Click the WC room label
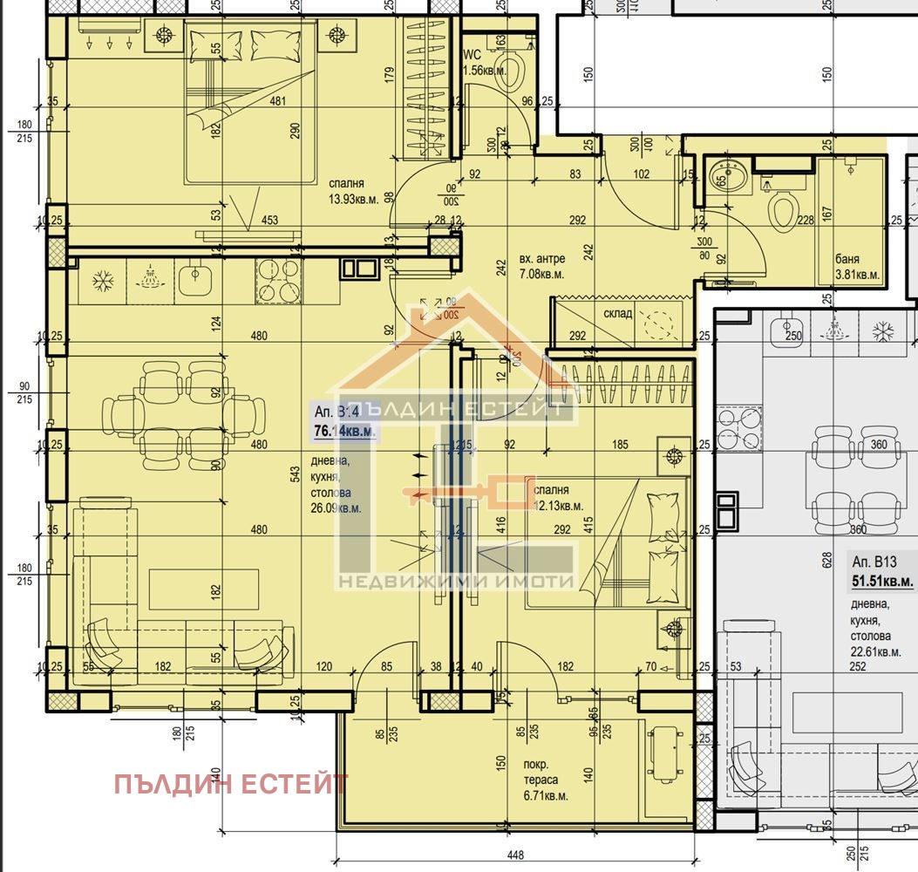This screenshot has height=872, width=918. [x=472, y=54]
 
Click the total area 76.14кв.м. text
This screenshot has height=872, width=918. [x=344, y=430]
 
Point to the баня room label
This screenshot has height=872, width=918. [x=847, y=259]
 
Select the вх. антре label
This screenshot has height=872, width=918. [x=542, y=258]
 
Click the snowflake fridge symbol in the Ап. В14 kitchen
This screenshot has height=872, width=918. [x=104, y=280]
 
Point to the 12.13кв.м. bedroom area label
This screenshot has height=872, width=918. [x=558, y=505]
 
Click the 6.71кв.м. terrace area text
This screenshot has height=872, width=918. [x=546, y=796]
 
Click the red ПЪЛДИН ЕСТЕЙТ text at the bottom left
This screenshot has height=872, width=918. [x=231, y=784]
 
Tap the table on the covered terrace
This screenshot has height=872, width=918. [x=662, y=755]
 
